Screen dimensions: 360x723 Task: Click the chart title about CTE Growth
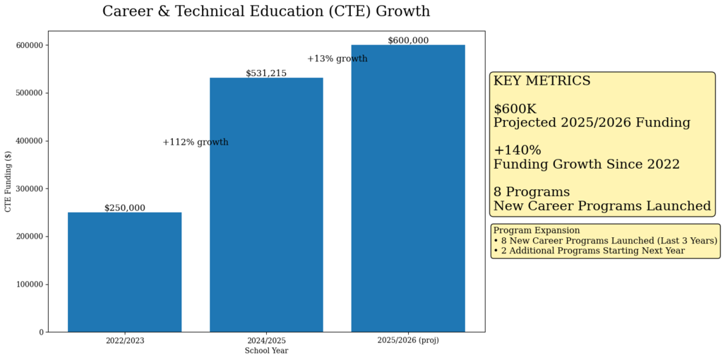pyautogui.click(x=265, y=12)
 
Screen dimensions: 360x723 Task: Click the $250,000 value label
pyautogui.click(x=124, y=208)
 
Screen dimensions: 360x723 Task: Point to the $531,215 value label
pyautogui.click(x=266, y=73)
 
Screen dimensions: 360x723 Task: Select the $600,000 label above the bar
pyautogui.click(x=408, y=41)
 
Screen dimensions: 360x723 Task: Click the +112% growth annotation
pyautogui.click(x=196, y=143)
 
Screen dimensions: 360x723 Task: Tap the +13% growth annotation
pyautogui.click(x=337, y=59)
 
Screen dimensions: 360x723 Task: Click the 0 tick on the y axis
pyautogui.click(x=42, y=332)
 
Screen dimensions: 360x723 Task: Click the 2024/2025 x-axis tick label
pyautogui.click(x=266, y=340)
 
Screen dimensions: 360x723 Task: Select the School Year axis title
pyautogui.click(x=266, y=351)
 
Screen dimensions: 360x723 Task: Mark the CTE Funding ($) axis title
pyautogui.click(x=8, y=181)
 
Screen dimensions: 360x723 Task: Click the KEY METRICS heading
pyautogui.click(x=542, y=81)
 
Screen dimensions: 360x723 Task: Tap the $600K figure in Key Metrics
pyautogui.click(x=515, y=109)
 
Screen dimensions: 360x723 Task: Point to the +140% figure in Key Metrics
pyautogui.click(x=517, y=150)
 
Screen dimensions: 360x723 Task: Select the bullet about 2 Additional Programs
pyautogui.click(x=589, y=251)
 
